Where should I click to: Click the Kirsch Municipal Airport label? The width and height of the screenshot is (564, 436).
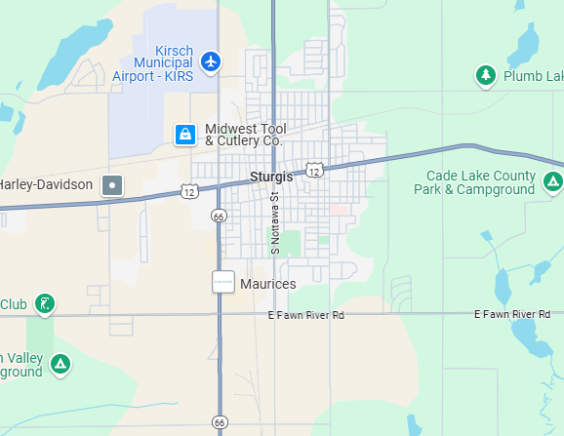[x=153, y=62]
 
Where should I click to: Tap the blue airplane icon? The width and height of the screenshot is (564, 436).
[x=210, y=62]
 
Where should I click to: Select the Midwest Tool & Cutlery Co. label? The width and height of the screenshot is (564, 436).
[x=243, y=135]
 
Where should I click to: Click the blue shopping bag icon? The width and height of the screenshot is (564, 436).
[x=184, y=135]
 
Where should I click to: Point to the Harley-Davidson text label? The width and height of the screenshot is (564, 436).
[x=46, y=184]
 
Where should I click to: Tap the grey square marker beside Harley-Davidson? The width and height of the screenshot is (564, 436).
[x=113, y=184]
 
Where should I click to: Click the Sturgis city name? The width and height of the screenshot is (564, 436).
[x=271, y=177]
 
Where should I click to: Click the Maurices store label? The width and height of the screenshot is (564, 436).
[x=267, y=283]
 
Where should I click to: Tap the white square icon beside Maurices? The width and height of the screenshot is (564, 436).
[x=223, y=282]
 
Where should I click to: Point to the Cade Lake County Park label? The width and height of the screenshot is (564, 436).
[x=481, y=182]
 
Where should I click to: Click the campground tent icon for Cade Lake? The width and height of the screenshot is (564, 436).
[x=552, y=181]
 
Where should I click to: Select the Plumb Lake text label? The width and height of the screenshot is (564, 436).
[x=533, y=76]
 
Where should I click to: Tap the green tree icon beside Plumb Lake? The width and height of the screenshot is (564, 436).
[x=486, y=75]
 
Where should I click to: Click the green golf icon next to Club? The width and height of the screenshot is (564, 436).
[x=44, y=304]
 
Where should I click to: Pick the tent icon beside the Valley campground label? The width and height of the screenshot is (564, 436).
[x=60, y=365]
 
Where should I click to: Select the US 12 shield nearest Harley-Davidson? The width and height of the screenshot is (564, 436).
[x=189, y=191]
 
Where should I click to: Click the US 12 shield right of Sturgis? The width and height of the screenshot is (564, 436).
[x=313, y=170]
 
